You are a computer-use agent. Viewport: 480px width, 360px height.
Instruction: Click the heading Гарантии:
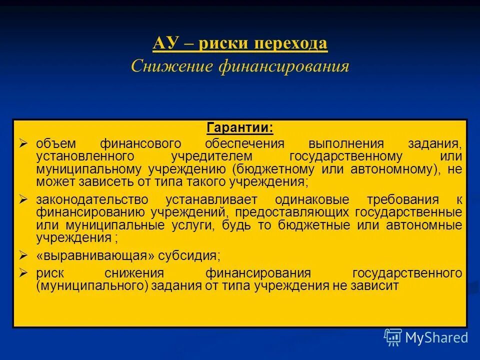click(x=240, y=128)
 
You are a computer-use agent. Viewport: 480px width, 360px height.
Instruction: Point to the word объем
click(x=55, y=144)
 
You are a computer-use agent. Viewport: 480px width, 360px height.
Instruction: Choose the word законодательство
click(x=92, y=200)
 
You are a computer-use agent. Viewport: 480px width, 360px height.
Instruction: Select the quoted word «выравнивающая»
click(x=96, y=256)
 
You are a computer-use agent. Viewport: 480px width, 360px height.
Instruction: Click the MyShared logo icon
click(x=392, y=337)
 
